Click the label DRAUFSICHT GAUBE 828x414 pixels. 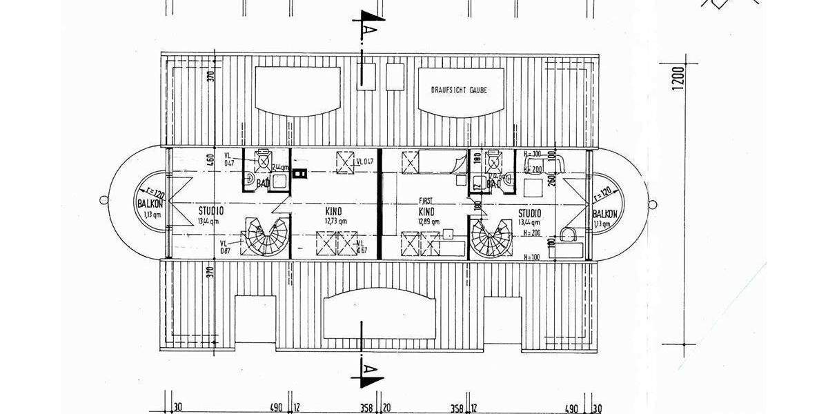458,90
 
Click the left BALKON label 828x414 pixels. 150,205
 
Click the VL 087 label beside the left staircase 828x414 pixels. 225,246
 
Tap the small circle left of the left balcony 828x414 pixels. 103,200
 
